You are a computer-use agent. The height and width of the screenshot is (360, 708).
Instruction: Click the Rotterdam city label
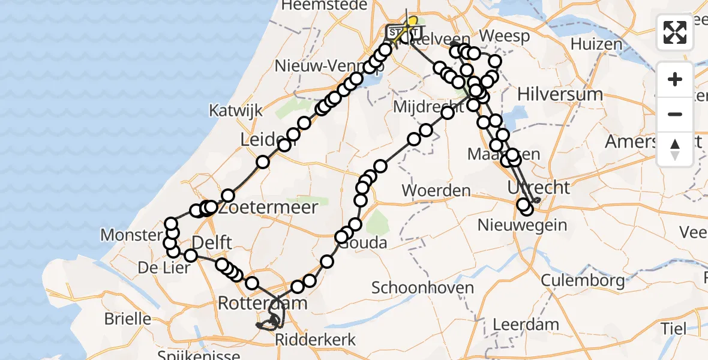pyautogui.click(x=262, y=303)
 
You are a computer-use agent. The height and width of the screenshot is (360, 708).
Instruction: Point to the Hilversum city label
pyautogui.click(x=560, y=94)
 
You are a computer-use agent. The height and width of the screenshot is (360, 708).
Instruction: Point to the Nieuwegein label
pyautogui.click(x=522, y=225)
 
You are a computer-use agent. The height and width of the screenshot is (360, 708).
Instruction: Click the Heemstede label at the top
pyautogui.click(x=324, y=5)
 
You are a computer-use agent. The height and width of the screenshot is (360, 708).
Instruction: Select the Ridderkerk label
pyautogui.click(x=315, y=340)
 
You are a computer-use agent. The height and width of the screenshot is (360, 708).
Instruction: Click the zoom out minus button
pyautogui.click(x=675, y=114)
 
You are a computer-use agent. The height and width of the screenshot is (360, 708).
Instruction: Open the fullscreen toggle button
pyautogui.click(x=675, y=32)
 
